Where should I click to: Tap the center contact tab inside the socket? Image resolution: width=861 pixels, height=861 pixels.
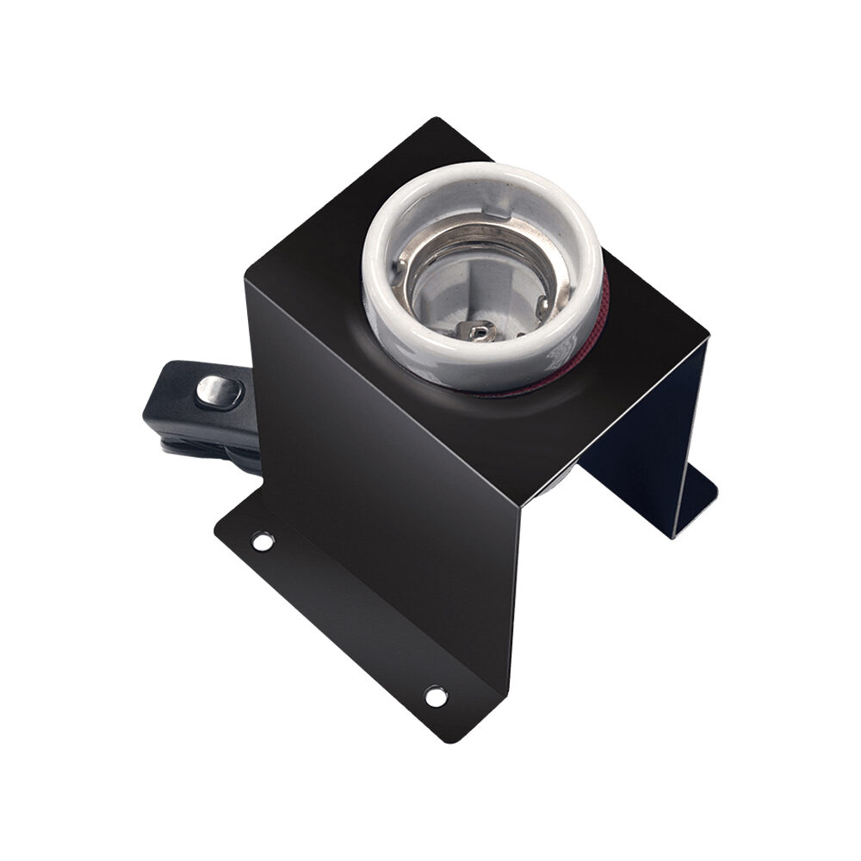(x=476, y=330)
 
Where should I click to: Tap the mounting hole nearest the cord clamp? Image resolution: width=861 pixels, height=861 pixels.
(x=262, y=542)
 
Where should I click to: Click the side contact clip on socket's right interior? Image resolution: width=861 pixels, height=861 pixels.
(x=541, y=303)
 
